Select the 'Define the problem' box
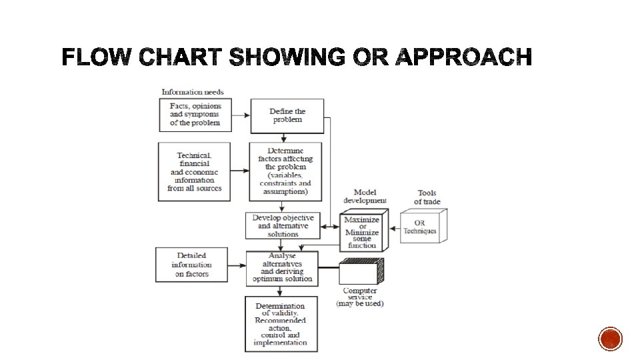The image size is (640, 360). pos(287,116)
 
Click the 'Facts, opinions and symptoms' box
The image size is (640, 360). pos(195,115)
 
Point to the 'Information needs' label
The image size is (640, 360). pos(193,92)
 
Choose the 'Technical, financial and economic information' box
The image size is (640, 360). pos(195,171)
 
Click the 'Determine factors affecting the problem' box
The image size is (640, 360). pos(285,171)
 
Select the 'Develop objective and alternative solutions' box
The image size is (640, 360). pos(283,226)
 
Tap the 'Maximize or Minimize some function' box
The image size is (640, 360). pos(362,232)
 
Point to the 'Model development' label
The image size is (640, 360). pos(365,197)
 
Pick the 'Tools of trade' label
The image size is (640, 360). pos(427,197)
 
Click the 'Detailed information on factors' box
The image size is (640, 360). pos(192,265)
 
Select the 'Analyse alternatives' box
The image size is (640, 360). pos(281,267)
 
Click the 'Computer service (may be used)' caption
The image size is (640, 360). pos(360,297)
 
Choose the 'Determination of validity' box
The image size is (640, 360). pos(281,325)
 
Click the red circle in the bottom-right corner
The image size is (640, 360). pos(610,339)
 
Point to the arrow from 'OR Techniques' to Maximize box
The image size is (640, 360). pos(391,227)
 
